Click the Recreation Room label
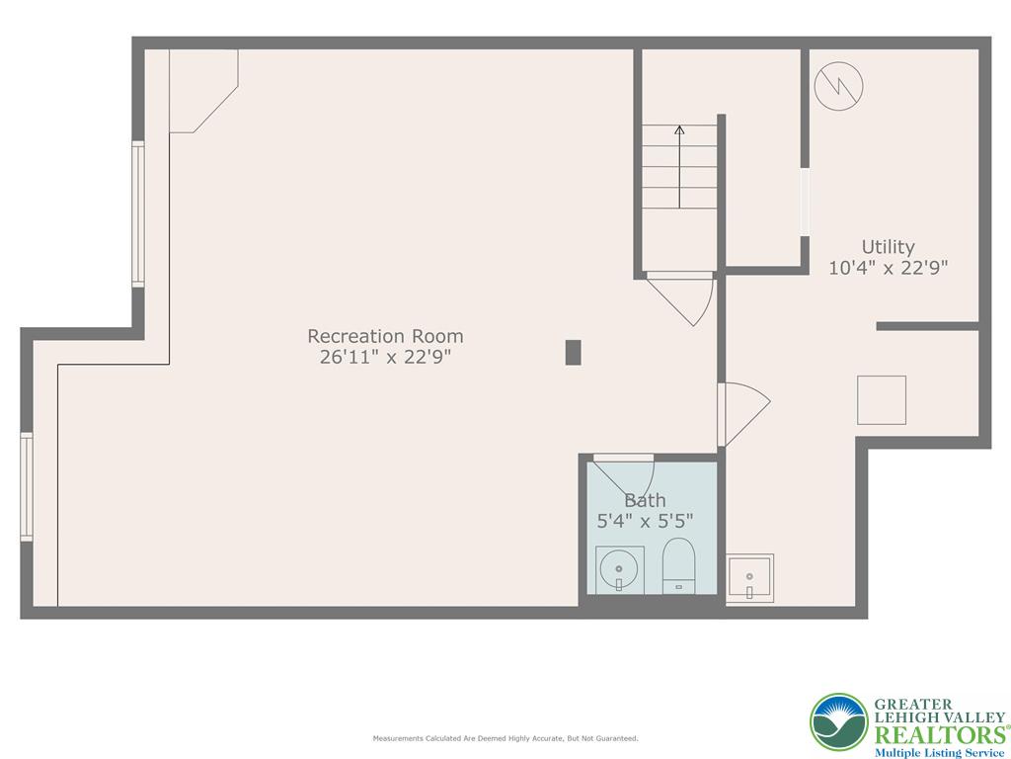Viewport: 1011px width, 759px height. click(x=385, y=336)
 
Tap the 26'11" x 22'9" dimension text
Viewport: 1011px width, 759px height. click(x=385, y=358)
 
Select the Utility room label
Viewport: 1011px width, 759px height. click(x=888, y=247)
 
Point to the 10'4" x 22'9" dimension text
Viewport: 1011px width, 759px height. click(x=888, y=268)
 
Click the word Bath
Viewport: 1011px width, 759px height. click(x=645, y=500)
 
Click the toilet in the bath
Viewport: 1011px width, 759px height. click(x=678, y=566)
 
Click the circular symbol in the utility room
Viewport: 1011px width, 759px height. click(x=838, y=87)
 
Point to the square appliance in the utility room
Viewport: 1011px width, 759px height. click(x=882, y=400)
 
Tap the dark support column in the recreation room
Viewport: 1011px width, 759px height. click(x=573, y=352)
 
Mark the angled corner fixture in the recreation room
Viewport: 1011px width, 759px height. click(x=201, y=89)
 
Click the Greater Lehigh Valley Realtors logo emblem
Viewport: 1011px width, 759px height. click(x=839, y=722)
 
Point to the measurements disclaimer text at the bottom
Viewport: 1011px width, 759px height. click(x=505, y=738)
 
